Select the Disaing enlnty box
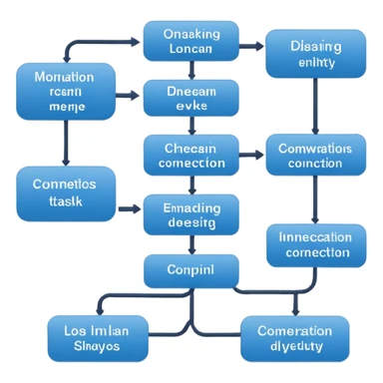315,55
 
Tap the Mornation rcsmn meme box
64,93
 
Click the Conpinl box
191,270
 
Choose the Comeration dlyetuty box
295,338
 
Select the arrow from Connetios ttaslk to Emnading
128,209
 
